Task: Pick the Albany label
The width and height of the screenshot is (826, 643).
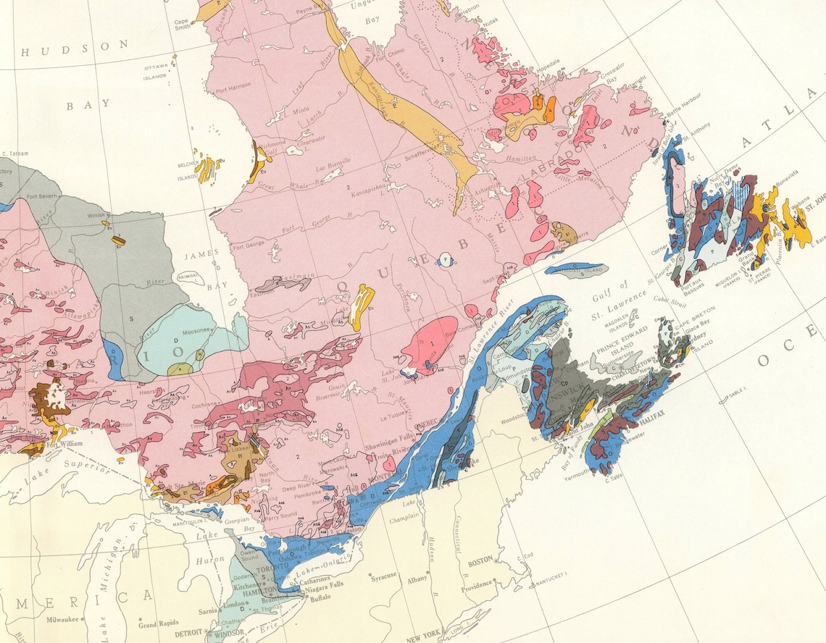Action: click(x=418, y=581)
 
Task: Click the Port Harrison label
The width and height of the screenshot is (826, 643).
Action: click(x=229, y=85)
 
